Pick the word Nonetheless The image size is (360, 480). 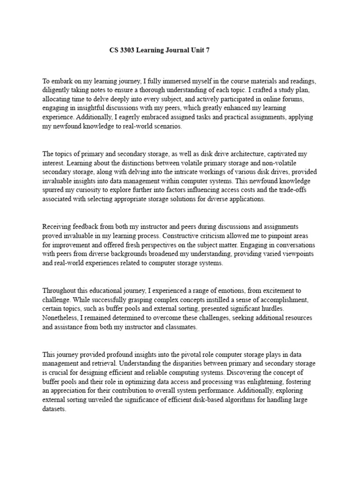pyautogui.click(x=60, y=318)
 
